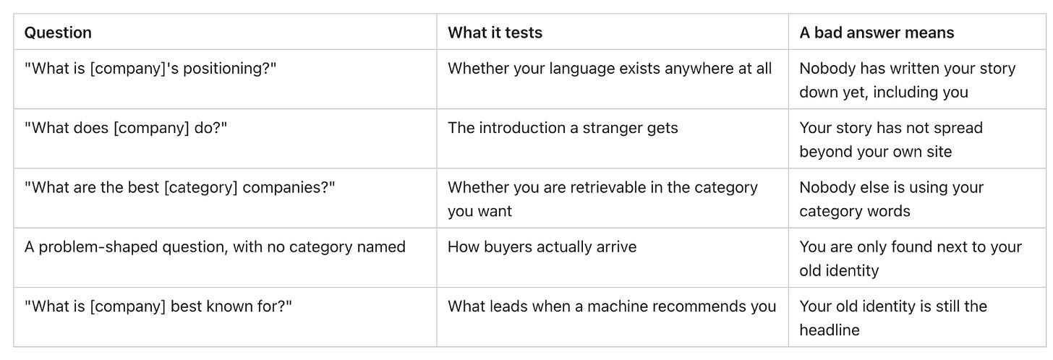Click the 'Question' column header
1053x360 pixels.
(58, 33)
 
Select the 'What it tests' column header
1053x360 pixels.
(495, 33)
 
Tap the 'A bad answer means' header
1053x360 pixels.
(877, 33)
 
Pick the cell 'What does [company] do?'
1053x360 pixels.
(126, 128)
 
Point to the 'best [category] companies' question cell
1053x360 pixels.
(180, 187)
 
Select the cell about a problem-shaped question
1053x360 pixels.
(215, 247)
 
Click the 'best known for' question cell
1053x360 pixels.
(158, 307)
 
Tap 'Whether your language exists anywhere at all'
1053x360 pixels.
(610, 69)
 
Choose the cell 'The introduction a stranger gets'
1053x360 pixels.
(563, 128)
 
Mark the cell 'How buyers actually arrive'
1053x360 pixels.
(542, 247)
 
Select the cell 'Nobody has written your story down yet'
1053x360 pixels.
(907, 80)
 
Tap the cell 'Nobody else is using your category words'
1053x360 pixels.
(891, 200)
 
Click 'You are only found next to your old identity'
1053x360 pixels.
(911, 259)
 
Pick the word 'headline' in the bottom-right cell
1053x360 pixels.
(830, 330)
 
